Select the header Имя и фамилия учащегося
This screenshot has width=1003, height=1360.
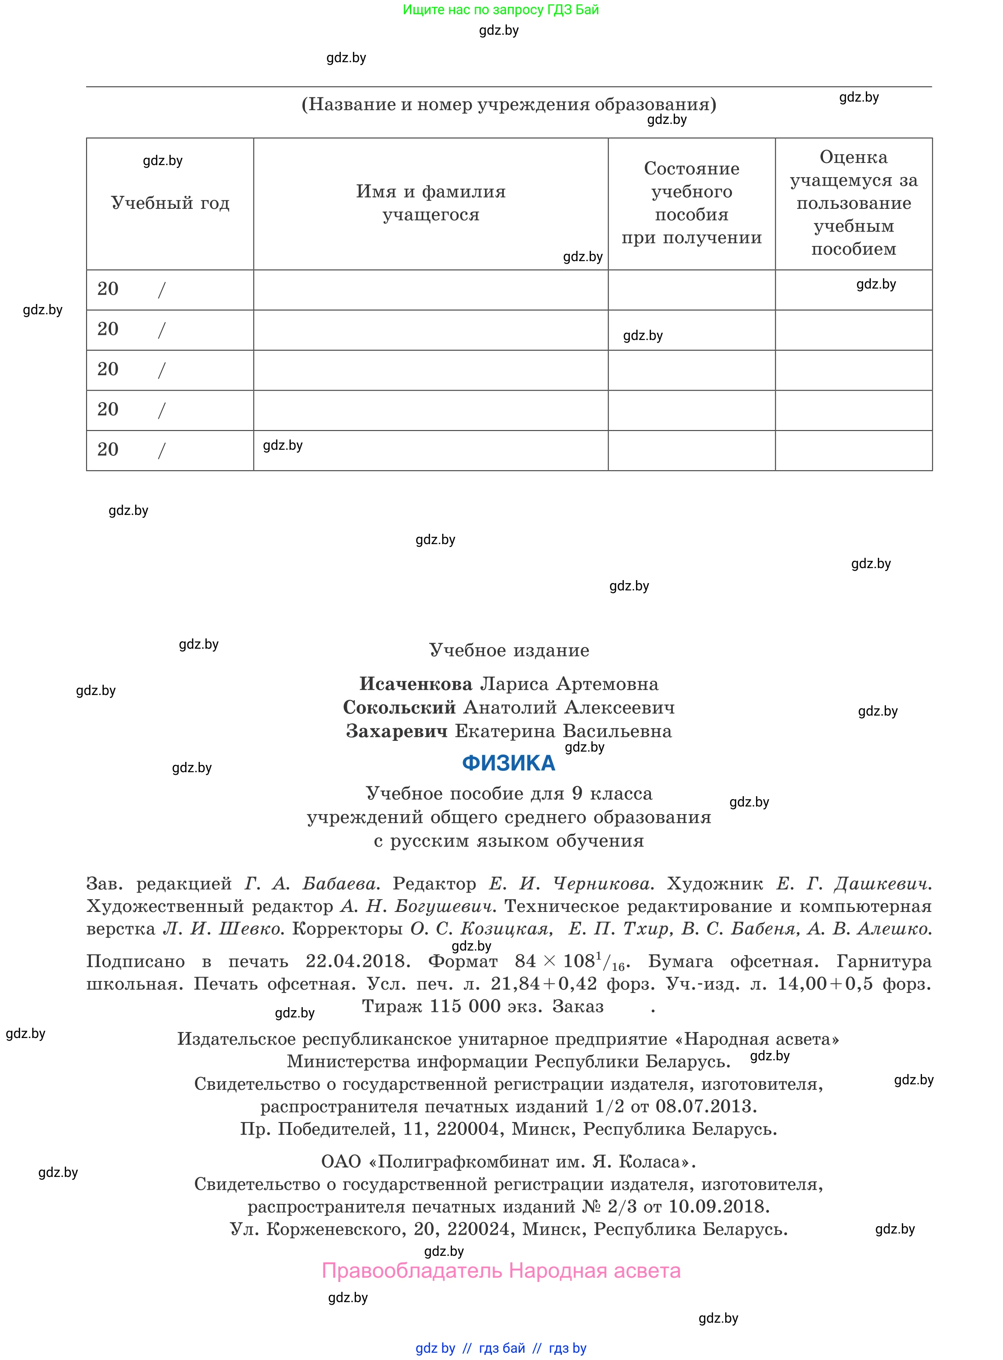(431, 203)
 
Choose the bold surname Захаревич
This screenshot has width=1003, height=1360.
(397, 731)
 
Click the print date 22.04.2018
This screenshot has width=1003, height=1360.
(358, 961)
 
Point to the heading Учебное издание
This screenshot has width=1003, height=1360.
(509, 650)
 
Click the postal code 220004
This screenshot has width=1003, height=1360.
(473, 1129)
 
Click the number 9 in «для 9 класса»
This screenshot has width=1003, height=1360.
(577, 794)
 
